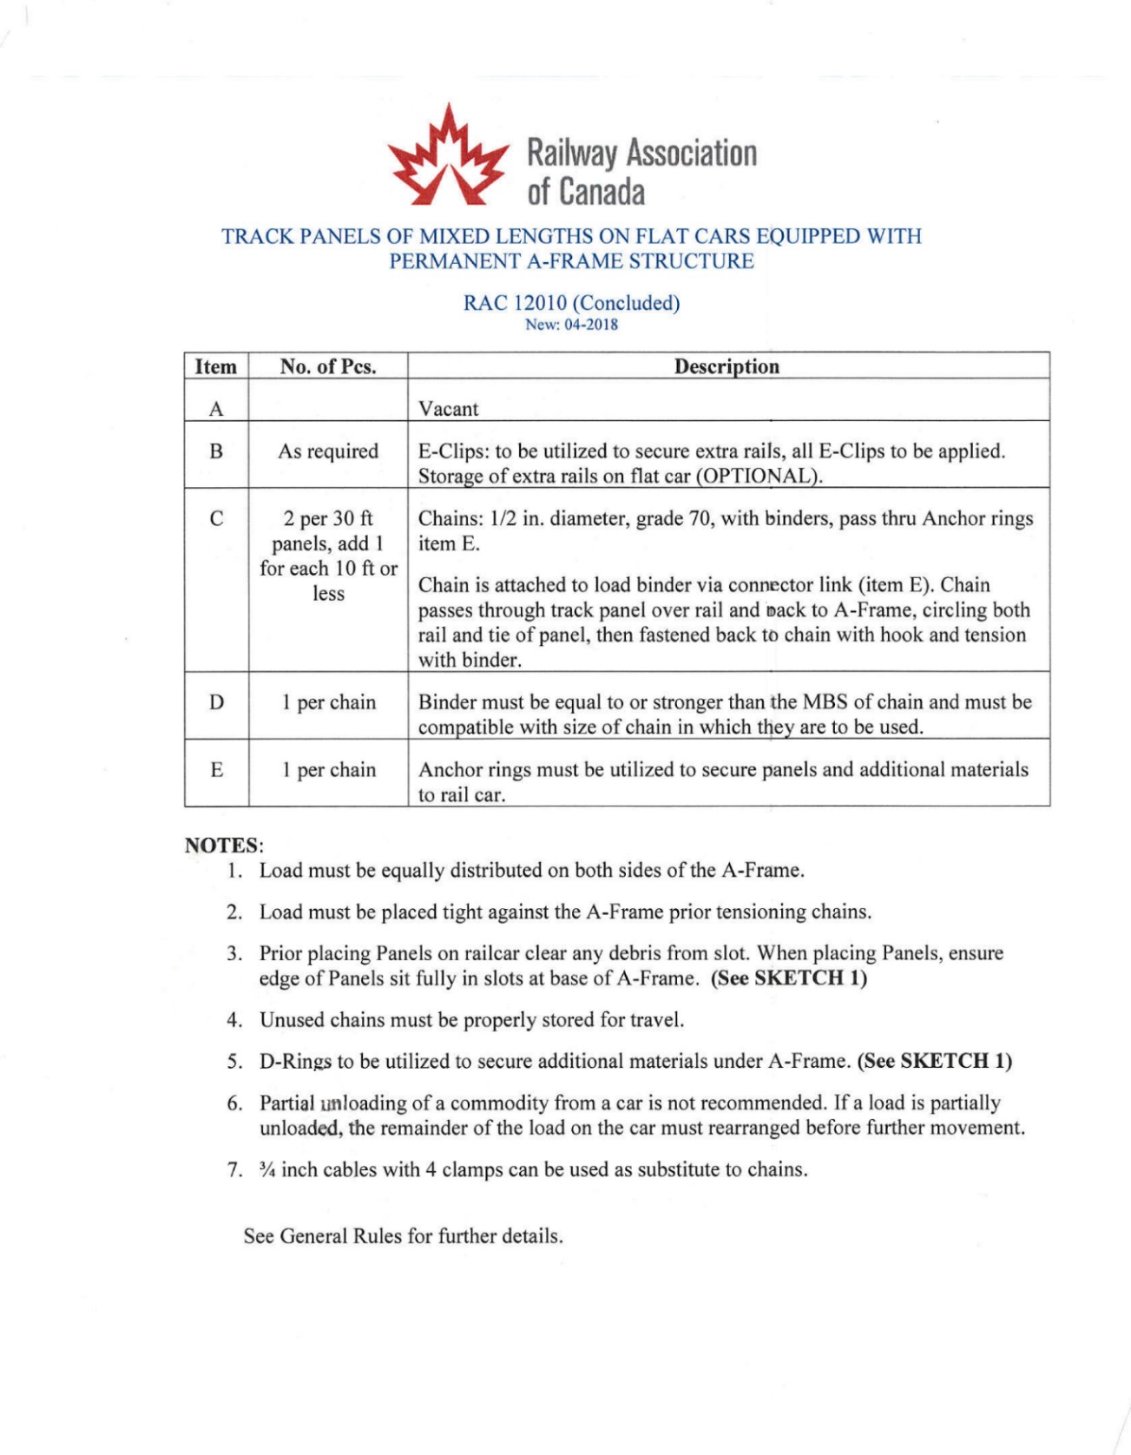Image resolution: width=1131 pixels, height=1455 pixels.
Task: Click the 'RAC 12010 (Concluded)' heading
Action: (571, 303)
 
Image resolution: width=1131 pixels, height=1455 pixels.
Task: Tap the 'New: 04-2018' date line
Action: (571, 325)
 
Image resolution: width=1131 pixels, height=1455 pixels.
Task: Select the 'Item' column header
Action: (216, 366)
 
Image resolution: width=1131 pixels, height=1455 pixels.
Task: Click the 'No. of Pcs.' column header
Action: (328, 366)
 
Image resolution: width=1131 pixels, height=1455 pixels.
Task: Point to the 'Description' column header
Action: (727, 366)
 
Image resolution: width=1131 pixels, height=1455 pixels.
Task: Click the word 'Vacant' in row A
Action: (449, 409)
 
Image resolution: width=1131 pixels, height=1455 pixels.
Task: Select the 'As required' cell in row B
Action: (328, 451)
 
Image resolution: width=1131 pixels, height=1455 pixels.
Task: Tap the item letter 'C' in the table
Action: (216, 519)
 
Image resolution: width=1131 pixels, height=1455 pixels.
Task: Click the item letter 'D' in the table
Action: (216, 702)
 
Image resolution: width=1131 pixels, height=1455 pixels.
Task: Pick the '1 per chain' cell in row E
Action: (328, 770)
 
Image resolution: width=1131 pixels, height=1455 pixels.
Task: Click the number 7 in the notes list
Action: (234, 1170)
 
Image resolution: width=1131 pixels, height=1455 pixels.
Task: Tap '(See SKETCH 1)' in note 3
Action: (789, 978)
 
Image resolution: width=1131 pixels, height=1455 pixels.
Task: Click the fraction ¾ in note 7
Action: (266, 1169)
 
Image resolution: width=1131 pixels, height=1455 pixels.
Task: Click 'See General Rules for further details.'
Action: (404, 1236)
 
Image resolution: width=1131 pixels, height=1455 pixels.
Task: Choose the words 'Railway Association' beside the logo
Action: (642, 153)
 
